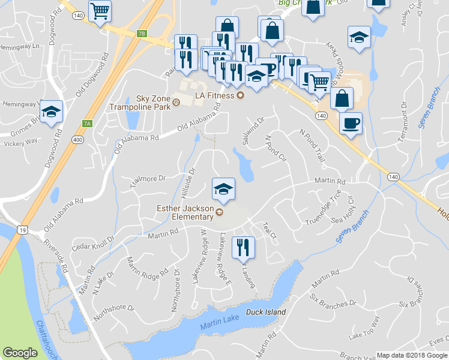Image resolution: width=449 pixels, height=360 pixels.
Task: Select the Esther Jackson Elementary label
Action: (184, 213)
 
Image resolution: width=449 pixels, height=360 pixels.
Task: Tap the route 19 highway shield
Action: (22, 230)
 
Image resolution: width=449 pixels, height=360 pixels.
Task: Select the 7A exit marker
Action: (86, 124)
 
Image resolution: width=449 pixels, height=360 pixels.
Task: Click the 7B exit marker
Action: (142, 34)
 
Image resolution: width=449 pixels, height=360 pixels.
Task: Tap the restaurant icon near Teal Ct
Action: (243, 247)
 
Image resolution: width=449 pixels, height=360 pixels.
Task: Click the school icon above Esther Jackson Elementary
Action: (222, 188)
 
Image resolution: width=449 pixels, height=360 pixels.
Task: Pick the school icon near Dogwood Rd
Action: (51, 111)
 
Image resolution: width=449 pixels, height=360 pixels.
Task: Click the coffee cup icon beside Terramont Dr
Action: (351, 123)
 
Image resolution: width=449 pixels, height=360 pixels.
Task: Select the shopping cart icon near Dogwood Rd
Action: (100, 10)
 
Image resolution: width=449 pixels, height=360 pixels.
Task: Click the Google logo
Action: (20, 352)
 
